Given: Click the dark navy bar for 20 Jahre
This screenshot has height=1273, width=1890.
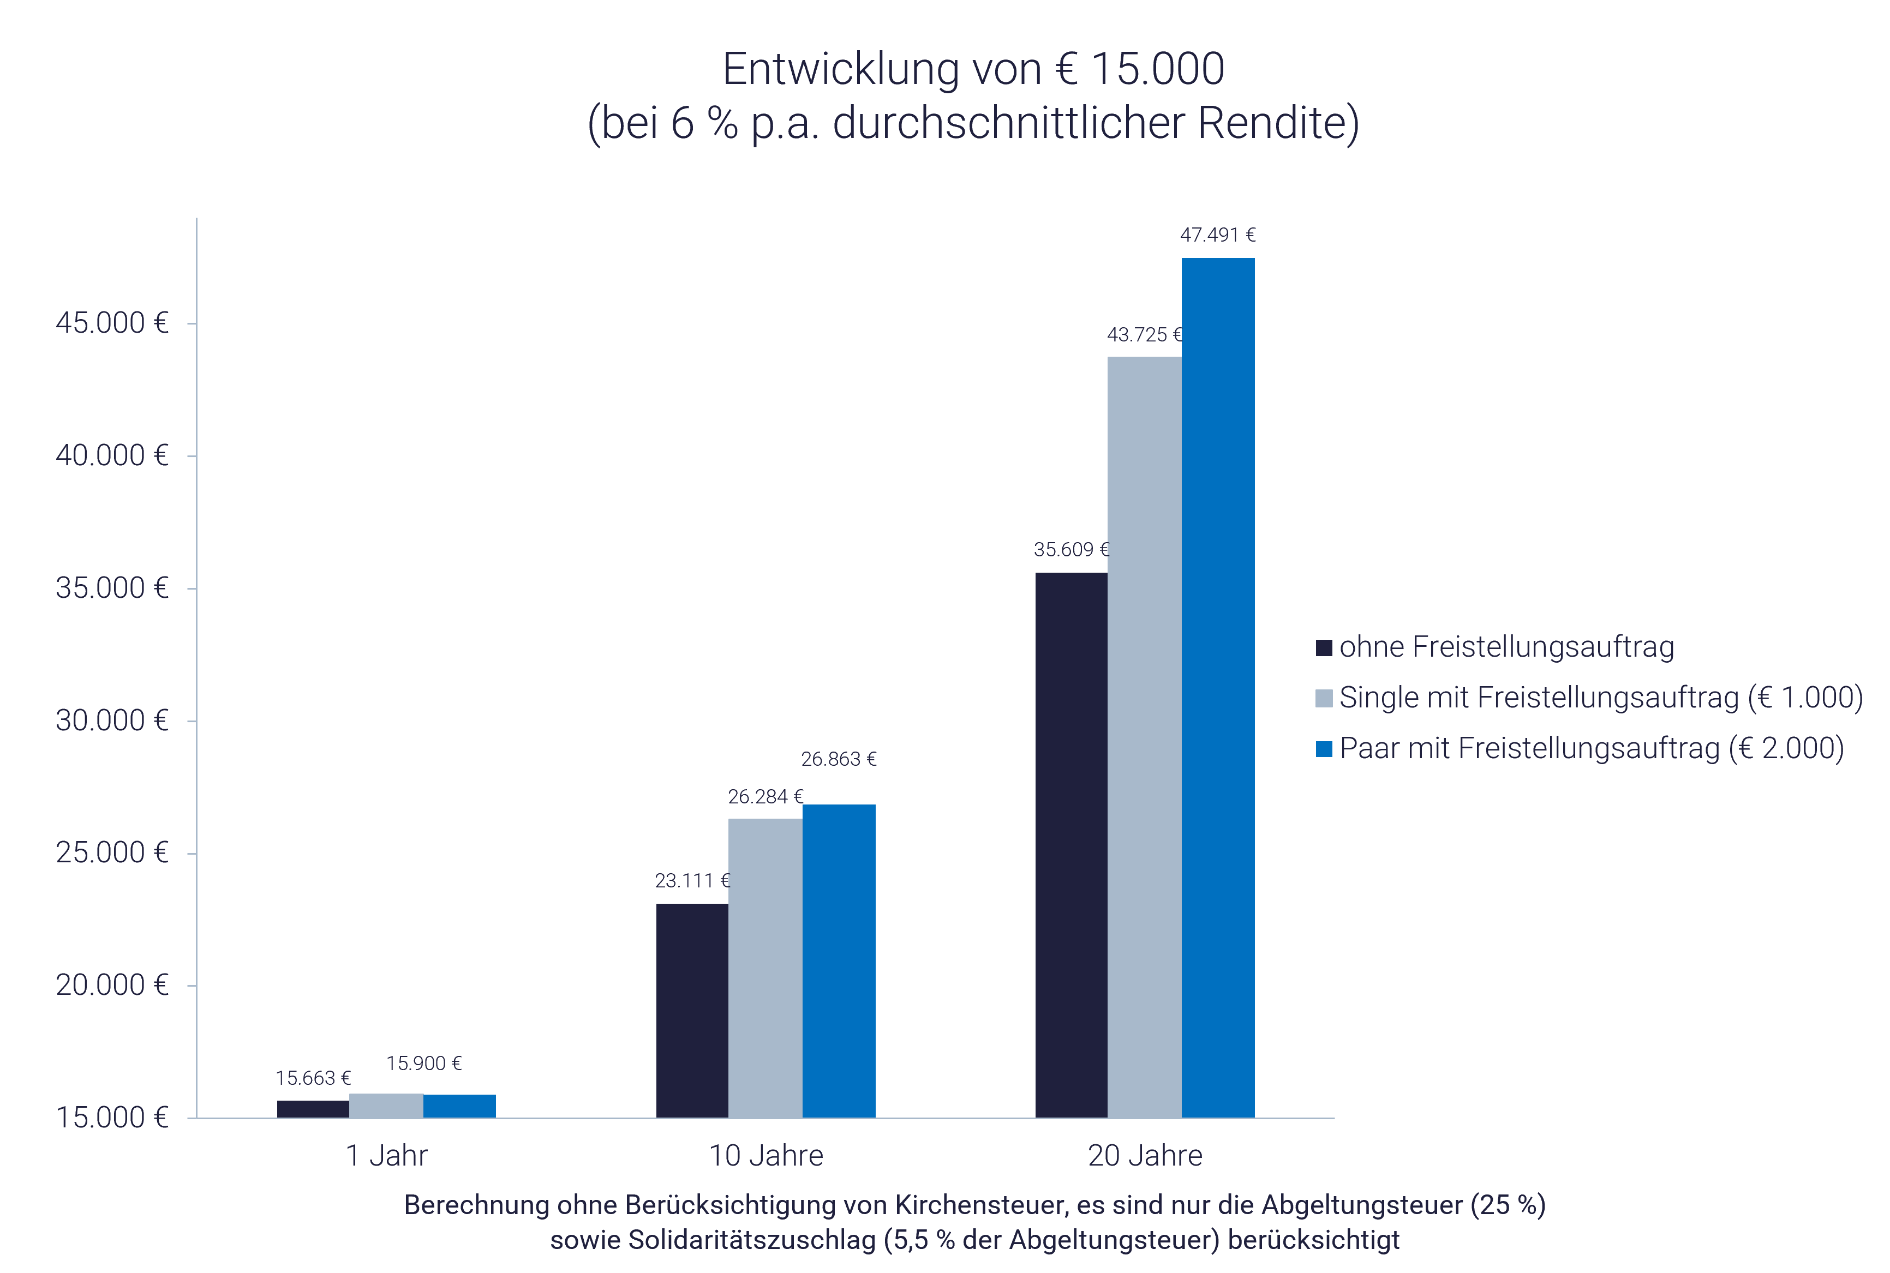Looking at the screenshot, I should coord(1071,844).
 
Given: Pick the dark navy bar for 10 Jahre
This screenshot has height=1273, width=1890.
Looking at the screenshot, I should coord(692,1010).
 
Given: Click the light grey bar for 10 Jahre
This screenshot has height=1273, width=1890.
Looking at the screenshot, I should coord(765,968).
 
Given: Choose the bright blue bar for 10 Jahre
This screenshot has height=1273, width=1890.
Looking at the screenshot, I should coord(839,960).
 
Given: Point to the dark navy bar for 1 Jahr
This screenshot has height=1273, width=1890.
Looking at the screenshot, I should coord(313,1109).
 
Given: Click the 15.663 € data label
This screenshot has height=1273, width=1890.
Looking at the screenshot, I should coord(313,1078).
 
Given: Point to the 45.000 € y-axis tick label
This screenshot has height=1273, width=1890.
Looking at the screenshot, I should coord(112,323).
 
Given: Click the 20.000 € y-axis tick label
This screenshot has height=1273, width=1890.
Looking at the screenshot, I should coord(112,986).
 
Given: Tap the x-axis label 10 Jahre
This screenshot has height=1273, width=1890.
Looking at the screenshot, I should coord(766,1155).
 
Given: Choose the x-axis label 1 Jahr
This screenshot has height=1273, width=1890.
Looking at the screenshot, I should coord(387,1155).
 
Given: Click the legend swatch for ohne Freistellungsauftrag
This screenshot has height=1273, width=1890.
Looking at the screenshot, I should coord(1324,648).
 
